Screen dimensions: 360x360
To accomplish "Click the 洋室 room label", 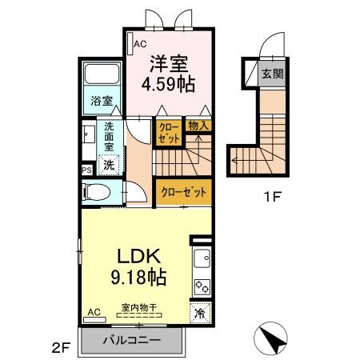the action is tap(169, 64).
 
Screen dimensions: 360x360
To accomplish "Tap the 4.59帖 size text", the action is tap(168, 84).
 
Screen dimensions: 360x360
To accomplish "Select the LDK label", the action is tap(139, 257).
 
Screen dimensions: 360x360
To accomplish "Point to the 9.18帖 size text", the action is tap(138, 277).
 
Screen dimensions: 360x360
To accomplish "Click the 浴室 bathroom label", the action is tap(102, 101).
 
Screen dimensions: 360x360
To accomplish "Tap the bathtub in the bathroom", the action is tap(102, 74).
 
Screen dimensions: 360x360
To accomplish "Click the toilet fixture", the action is tap(96, 192).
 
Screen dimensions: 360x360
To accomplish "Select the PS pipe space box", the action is tap(87, 170).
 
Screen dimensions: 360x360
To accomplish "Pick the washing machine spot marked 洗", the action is tap(109, 166).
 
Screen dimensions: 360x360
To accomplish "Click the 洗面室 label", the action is tap(109, 136).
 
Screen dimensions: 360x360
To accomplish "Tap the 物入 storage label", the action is tap(198, 126).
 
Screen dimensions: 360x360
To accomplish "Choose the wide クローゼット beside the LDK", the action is tap(184, 192).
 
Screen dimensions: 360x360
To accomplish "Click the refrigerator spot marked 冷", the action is tap(200, 313).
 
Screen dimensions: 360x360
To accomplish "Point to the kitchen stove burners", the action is tap(202, 287).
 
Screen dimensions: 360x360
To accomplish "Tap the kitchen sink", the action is tap(202, 258).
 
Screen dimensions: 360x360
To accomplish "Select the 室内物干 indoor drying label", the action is tap(139, 307).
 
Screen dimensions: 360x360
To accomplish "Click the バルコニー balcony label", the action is tap(132, 340).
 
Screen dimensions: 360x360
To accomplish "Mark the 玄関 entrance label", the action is tap(272, 74).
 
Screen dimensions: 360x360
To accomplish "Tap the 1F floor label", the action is tap(272, 198).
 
